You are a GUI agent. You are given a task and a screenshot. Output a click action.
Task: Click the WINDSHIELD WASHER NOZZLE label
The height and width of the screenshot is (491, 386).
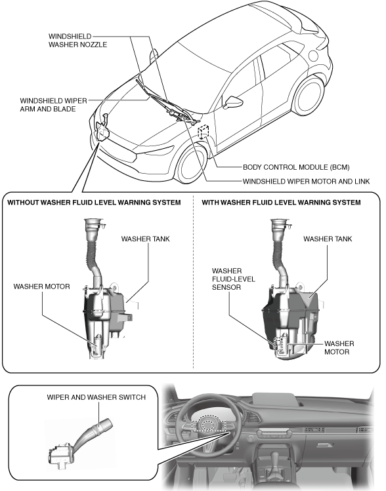pyautogui.click(x=77, y=41)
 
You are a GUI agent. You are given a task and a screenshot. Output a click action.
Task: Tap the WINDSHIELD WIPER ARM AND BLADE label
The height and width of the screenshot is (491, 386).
pyautogui.click(x=53, y=105)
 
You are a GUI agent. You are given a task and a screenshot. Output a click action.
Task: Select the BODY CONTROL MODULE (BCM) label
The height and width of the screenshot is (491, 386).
pyautogui.click(x=296, y=167)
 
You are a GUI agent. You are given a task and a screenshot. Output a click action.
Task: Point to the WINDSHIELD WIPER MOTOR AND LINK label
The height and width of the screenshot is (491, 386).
pyautogui.click(x=307, y=182)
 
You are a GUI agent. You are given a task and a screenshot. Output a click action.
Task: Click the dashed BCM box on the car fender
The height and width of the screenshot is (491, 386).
pyautogui.click(x=204, y=131)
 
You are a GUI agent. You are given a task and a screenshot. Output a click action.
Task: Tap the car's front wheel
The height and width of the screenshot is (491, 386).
pyautogui.click(x=190, y=165)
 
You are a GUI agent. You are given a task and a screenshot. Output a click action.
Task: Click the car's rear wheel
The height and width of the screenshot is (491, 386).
pyautogui.click(x=309, y=96)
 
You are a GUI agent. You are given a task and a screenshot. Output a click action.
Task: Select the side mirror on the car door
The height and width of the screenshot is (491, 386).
pyautogui.click(x=232, y=101)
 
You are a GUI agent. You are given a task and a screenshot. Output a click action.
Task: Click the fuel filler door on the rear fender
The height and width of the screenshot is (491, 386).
pyautogui.click(x=314, y=56)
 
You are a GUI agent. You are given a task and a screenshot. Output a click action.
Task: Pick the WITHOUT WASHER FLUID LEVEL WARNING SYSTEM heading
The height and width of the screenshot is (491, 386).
pyautogui.click(x=94, y=203)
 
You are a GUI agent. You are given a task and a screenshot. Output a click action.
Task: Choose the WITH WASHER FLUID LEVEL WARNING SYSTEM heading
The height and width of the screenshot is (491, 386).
pyautogui.click(x=281, y=203)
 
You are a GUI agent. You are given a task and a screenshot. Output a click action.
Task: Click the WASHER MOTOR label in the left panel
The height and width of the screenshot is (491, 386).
pyautogui.click(x=42, y=286)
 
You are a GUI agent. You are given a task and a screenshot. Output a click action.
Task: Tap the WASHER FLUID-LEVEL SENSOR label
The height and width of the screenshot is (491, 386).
pyautogui.click(x=234, y=279)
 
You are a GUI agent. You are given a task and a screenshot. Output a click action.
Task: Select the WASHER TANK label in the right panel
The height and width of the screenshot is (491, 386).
pyautogui.click(x=328, y=239)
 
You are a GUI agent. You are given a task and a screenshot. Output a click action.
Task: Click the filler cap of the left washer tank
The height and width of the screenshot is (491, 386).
pyautogui.click(x=93, y=224)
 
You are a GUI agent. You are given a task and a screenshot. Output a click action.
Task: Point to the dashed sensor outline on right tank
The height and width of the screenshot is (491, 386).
pyautogui.click(x=278, y=346)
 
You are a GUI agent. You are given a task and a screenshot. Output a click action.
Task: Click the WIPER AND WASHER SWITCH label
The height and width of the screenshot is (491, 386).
pyautogui.click(x=96, y=397)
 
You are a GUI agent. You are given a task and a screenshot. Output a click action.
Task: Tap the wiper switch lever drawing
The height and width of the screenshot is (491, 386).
pyautogui.click(x=81, y=442)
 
